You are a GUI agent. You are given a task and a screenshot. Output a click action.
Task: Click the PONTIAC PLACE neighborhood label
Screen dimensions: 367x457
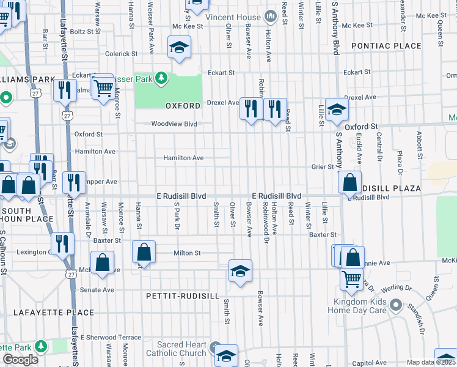pyautogui.click(x=386, y=46)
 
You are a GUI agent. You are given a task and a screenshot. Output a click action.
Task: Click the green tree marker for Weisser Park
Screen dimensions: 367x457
pyautogui.click(x=161, y=78)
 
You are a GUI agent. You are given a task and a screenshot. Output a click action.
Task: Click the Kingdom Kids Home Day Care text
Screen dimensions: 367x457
pyautogui.click(x=360, y=306)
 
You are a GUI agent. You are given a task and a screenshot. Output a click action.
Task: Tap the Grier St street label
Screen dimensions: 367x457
pyautogui.click(x=323, y=166)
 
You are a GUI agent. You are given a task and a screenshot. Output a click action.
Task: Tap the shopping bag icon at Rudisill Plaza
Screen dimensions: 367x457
pyautogui.click(x=349, y=182)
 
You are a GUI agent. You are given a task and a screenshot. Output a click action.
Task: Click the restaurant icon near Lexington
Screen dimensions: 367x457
pyautogui.click(x=62, y=243)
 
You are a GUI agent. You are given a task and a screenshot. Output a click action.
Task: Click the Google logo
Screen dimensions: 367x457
pyautogui.click(x=21, y=360)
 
